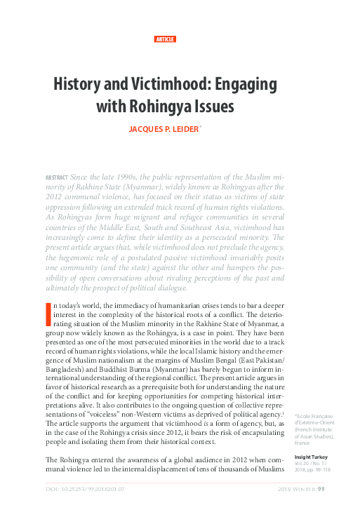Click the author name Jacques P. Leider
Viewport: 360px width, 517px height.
(x=178, y=129)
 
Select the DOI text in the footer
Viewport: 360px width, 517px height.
(x=81, y=489)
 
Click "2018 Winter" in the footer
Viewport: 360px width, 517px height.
(x=296, y=489)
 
